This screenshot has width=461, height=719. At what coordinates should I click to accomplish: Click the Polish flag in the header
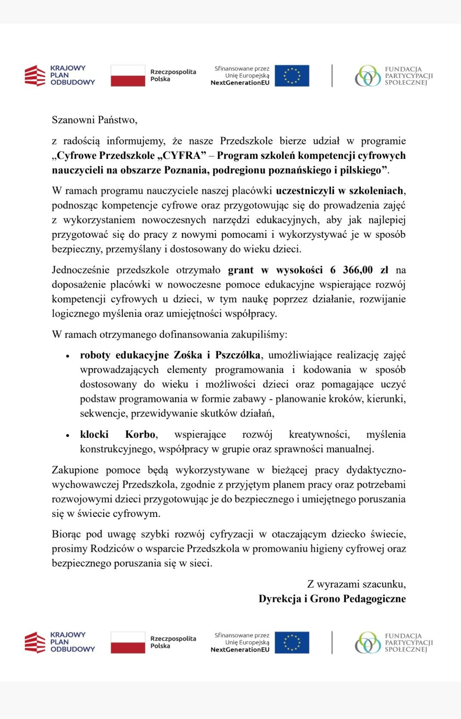click(128, 76)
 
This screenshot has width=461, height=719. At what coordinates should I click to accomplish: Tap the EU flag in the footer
click(292, 642)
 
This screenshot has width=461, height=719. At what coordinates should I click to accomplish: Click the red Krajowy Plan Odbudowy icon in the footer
click(35, 642)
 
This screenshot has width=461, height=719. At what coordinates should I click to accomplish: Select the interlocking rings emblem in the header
click(368, 76)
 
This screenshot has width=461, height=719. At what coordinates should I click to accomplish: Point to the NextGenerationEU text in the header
click(240, 83)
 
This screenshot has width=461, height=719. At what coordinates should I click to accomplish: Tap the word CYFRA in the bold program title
click(181, 156)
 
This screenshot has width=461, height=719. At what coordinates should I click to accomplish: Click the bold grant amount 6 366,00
click(351, 270)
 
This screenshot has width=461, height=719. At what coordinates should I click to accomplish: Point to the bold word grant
click(241, 270)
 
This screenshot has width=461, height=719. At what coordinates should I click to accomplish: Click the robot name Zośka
click(188, 355)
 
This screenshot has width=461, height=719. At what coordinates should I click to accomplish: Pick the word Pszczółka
click(238, 355)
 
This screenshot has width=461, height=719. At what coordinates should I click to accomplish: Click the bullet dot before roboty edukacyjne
click(68, 356)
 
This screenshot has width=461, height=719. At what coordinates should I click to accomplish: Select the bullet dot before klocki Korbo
click(68, 436)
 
